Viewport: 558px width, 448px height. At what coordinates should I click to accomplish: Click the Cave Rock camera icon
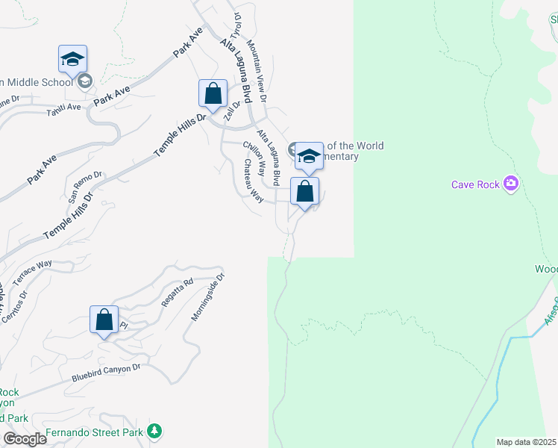tap(511, 184)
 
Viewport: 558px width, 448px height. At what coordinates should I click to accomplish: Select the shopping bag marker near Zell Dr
tap(213, 95)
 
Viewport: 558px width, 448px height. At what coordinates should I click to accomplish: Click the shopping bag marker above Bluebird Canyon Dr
tap(104, 321)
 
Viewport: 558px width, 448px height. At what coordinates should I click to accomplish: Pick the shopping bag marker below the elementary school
tap(304, 193)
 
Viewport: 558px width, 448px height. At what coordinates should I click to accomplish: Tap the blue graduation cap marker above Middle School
tap(72, 60)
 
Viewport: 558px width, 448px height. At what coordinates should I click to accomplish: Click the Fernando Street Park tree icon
tap(154, 431)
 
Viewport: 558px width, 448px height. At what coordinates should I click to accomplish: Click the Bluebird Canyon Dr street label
tap(106, 372)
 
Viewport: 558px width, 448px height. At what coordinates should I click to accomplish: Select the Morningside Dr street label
tap(208, 297)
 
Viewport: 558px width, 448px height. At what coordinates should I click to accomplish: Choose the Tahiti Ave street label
tap(63, 108)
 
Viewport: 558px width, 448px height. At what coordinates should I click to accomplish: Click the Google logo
tap(25, 439)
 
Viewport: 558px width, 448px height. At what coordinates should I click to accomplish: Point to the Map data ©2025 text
tap(525, 442)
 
